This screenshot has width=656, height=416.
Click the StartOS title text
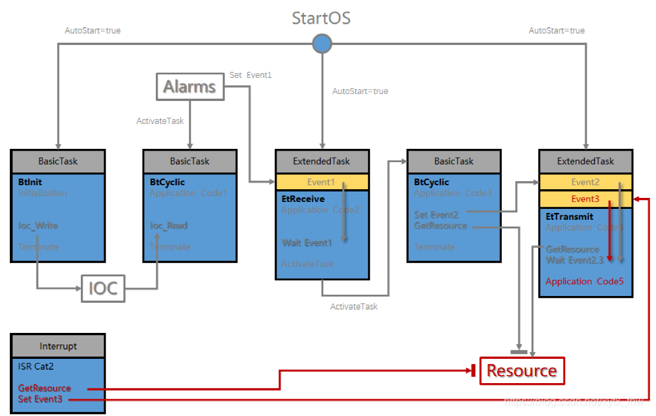pyautogui.click(x=321, y=18)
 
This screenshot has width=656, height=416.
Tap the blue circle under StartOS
pyautogui.click(x=322, y=43)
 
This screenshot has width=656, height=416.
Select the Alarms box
pyautogui.click(x=190, y=87)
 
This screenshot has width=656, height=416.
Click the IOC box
pyautogui.click(x=103, y=287)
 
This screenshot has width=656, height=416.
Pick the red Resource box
pyautogui.click(x=521, y=370)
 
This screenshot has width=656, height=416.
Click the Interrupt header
pyautogui.click(x=58, y=346)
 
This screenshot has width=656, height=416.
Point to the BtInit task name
pyautogui.click(x=30, y=182)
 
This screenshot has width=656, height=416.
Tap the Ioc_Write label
pyautogui.click(x=38, y=226)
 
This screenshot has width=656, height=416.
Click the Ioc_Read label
pyautogui.click(x=169, y=226)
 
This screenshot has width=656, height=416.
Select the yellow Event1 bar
pyautogui.click(x=321, y=182)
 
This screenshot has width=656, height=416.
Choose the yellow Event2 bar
pyautogui.click(x=586, y=182)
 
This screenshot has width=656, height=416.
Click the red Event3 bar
pyautogui.click(x=586, y=199)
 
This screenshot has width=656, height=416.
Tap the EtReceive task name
pyautogui.click(x=303, y=199)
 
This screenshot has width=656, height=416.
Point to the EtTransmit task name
pyautogui.click(x=569, y=216)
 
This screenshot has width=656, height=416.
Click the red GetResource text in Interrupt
pyautogui.click(x=44, y=388)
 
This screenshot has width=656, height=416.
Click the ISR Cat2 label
pyautogui.click(x=36, y=366)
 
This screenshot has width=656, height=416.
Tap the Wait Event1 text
pyautogui.click(x=307, y=243)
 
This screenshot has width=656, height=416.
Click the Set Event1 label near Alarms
pyautogui.click(x=250, y=75)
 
